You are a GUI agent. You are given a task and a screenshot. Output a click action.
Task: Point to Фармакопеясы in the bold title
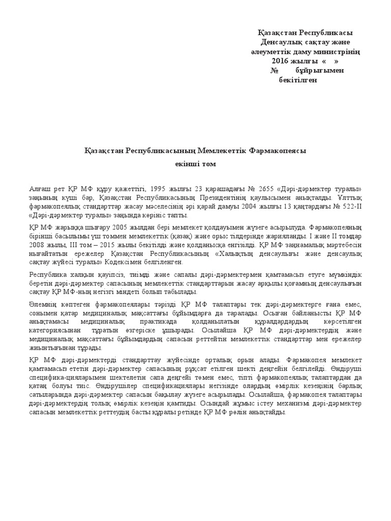[x=277, y=151]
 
